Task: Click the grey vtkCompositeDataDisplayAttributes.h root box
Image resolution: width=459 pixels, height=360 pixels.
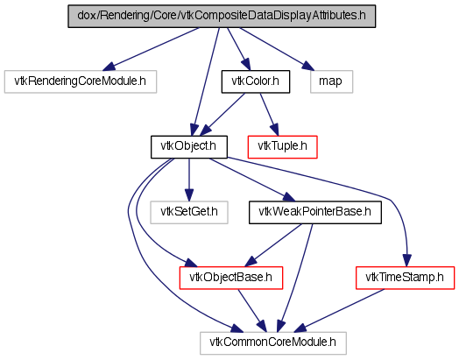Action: point(222,17)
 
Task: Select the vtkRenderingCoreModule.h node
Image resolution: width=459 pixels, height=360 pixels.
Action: point(81,81)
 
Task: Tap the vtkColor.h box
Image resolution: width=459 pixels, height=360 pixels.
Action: point(256,81)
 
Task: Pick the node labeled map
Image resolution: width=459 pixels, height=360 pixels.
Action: point(331,81)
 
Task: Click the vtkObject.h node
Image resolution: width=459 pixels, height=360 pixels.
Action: point(189,147)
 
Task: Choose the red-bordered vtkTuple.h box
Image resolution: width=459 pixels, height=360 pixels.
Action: point(282,147)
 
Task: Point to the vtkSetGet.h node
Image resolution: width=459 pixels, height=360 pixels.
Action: point(189,213)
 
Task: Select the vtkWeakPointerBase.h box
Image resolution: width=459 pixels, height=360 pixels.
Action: point(315,213)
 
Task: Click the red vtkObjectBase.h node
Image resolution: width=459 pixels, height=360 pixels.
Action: point(231,278)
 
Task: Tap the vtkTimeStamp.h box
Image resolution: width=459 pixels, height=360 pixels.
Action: point(406,278)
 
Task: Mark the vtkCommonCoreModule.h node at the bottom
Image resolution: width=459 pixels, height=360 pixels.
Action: point(273,343)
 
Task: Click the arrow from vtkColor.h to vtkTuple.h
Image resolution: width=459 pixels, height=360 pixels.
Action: point(269,114)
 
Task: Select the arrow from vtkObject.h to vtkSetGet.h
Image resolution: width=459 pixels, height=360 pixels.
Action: point(189,180)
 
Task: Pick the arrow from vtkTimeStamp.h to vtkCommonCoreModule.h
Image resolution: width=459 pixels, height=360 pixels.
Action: point(338,311)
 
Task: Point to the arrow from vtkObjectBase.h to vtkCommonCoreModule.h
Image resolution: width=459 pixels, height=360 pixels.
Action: point(252,311)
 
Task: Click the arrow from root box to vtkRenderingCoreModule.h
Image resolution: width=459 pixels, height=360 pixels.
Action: point(151,49)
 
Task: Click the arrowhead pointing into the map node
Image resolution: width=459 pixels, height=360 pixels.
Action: point(308,67)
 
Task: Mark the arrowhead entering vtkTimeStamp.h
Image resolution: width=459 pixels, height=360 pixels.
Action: point(407,260)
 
